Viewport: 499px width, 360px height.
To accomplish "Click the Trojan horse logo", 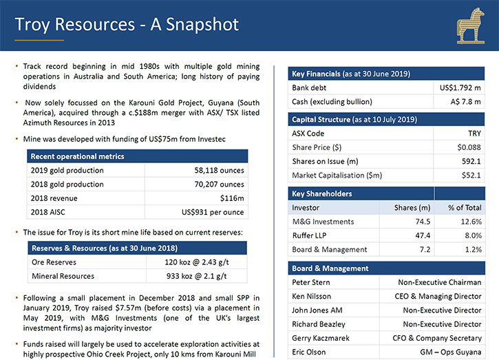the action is click(471, 26).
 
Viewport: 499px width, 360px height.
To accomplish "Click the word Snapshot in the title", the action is click(202, 25).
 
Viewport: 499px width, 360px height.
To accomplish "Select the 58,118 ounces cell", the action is click(220, 170).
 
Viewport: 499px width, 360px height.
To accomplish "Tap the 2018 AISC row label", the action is click(47, 212).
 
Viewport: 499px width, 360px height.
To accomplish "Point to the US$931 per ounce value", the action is click(213, 212).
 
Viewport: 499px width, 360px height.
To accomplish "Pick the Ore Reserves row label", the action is click(54, 262).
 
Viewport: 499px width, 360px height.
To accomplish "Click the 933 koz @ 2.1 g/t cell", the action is click(196, 276).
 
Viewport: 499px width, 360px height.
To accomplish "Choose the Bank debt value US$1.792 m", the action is click(460, 88).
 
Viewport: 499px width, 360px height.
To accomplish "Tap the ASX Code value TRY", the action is click(474, 134).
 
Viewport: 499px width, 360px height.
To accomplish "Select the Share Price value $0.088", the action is click(469, 147).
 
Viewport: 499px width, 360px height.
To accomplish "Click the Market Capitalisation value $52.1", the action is click(471, 176).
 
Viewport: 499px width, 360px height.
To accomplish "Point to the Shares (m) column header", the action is click(412, 208).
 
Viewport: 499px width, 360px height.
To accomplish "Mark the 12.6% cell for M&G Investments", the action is click(471, 222).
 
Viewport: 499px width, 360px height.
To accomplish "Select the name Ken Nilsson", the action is click(311, 297).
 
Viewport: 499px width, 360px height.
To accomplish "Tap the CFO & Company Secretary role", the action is click(437, 339).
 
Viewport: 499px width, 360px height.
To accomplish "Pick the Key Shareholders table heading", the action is click(321, 194).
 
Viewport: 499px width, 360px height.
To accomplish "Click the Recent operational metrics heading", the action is click(77, 157).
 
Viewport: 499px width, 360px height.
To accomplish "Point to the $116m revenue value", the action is click(232, 198).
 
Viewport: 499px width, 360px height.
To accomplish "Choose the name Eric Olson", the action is click(309, 352).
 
